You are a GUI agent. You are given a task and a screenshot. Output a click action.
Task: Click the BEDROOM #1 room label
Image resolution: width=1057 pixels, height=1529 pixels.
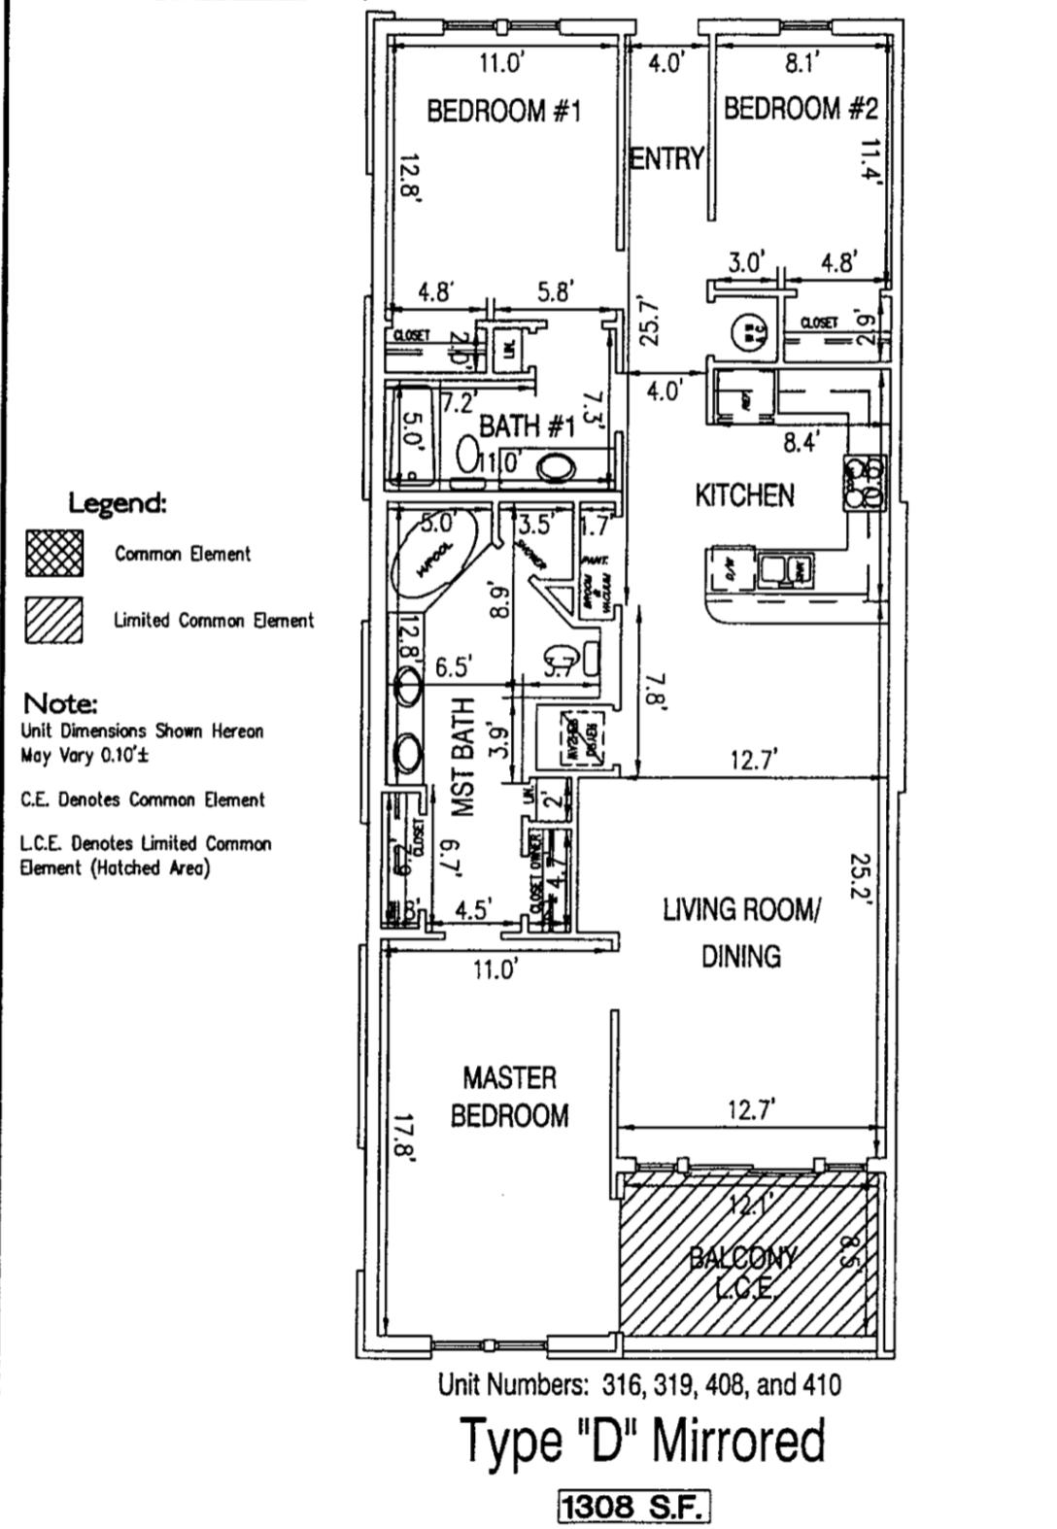tap(503, 111)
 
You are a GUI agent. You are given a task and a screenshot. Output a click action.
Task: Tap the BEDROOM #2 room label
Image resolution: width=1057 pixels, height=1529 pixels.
tap(800, 108)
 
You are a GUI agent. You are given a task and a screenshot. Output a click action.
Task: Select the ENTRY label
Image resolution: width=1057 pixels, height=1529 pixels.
tap(665, 158)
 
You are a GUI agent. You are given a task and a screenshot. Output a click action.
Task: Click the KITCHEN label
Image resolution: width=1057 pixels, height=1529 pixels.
tap(744, 495)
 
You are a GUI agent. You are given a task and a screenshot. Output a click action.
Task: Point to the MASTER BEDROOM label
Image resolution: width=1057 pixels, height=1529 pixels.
tap(509, 1097)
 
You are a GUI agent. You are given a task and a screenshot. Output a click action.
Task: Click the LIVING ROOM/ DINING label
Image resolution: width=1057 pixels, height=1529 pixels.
tap(741, 933)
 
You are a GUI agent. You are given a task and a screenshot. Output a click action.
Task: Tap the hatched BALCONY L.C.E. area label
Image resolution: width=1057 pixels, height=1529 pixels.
tap(744, 1273)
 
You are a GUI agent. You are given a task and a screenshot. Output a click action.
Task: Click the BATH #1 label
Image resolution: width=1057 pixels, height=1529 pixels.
tap(527, 425)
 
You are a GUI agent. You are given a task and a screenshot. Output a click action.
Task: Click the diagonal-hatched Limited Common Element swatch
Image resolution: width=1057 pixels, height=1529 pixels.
tap(54, 620)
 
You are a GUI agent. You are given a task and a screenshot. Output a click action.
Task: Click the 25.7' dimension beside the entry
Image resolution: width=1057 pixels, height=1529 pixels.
tap(651, 322)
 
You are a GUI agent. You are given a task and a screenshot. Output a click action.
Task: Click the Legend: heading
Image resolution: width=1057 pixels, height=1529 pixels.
tap(118, 503)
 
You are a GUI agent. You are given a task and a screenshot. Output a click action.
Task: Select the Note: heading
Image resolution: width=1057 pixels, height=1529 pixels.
tap(60, 702)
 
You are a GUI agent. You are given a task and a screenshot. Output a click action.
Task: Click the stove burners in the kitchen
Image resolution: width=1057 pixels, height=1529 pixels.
tap(864, 483)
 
